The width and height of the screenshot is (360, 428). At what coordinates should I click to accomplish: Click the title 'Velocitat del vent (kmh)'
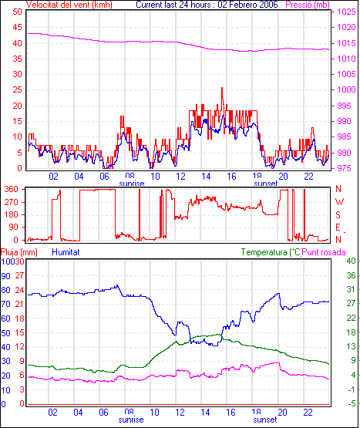pyautogui.click(x=69, y=5)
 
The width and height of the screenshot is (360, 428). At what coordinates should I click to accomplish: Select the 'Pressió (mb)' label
pyautogui.click(x=308, y=5)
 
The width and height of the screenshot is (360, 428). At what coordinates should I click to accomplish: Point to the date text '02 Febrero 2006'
pyautogui.click(x=247, y=5)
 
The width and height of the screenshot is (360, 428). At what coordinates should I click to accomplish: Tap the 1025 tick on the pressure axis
pyautogui.click(x=347, y=12)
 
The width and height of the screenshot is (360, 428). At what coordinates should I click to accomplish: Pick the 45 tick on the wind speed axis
pyautogui.click(x=17, y=27)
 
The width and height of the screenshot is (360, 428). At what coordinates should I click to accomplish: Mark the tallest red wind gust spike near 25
pyautogui.click(x=222, y=88)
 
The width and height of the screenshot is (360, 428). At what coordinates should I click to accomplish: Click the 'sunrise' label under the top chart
pyautogui.click(x=132, y=184)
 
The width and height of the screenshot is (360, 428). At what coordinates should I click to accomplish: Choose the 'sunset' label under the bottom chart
pyautogui.click(x=265, y=420)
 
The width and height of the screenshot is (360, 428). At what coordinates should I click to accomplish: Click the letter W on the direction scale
pyautogui.click(x=339, y=202)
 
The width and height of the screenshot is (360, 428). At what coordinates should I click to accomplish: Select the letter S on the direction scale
pyautogui.click(x=338, y=215)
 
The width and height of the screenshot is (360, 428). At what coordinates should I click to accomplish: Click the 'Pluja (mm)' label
pyautogui.click(x=19, y=252)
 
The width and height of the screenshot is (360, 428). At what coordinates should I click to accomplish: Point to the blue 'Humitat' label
pyautogui.click(x=66, y=252)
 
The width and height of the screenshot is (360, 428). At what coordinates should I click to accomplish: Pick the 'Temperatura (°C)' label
pyautogui.click(x=271, y=252)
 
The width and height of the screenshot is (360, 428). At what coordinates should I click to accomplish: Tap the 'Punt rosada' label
pyautogui.click(x=324, y=252)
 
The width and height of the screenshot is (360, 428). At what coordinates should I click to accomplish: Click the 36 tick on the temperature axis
pyautogui.click(x=351, y=275)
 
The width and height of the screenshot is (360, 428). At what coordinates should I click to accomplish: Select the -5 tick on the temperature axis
pyautogui.click(x=352, y=403)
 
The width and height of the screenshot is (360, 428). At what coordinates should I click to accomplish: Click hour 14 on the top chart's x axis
pyautogui.click(x=206, y=177)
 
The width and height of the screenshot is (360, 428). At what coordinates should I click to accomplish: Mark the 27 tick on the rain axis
pyautogui.click(x=19, y=275)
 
